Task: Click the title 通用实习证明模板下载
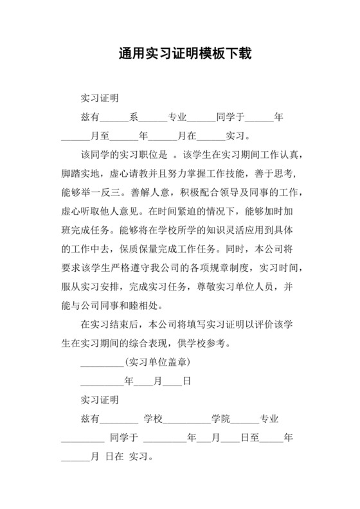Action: click(x=179, y=53)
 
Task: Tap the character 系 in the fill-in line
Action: click(x=134, y=118)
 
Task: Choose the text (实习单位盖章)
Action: click(x=156, y=362)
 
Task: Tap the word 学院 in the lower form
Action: click(x=220, y=420)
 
